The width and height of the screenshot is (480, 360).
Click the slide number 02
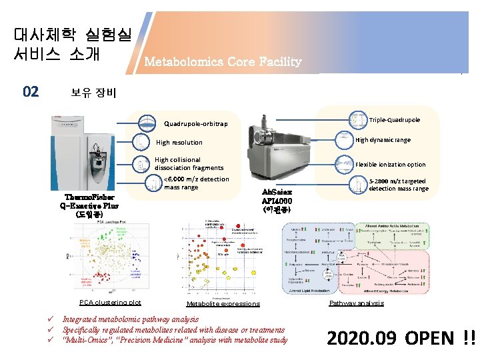coord(31,92)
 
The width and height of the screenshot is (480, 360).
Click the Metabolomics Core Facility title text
coord(223,62)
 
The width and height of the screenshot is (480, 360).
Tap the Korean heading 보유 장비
coord(93,93)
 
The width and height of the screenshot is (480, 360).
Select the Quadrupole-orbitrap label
coord(195,123)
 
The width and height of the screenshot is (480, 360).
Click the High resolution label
coord(179,142)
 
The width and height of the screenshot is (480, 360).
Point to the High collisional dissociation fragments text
coord(189,164)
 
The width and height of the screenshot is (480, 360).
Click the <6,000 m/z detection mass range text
coord(196,183)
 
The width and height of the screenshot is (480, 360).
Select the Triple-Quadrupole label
coord(394,120)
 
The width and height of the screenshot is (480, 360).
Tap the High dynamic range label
coord(383,140)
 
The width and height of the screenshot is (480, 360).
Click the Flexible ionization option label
coord(390,164)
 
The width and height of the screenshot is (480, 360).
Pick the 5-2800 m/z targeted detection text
coord(398,185)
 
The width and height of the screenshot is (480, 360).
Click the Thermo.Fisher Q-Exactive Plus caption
coord(90,206)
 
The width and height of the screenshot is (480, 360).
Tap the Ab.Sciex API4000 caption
coord(276,200)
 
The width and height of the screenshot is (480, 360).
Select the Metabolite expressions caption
coord(223,303)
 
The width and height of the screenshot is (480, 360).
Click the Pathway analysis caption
coord(357,303)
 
